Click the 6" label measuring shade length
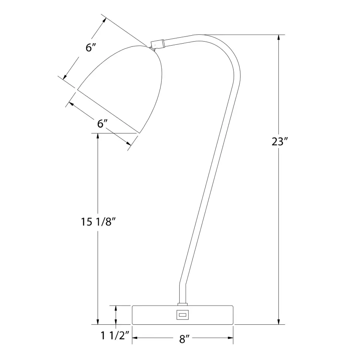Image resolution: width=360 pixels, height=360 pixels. pos(91,47)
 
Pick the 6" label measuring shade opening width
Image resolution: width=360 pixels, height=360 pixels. pos(103,124)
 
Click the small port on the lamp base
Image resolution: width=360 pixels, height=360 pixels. pos(182,315)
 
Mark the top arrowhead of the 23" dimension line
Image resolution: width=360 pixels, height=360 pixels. pos(279,38)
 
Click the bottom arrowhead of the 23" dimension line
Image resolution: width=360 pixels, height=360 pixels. pos(279,321)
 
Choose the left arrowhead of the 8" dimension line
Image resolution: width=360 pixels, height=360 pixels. pos(135,338)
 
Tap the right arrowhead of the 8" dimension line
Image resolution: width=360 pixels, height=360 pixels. pos(231,338)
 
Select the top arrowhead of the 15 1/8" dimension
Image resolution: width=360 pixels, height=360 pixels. pos(98,136)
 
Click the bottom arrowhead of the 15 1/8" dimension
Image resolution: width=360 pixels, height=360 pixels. pos(98,321)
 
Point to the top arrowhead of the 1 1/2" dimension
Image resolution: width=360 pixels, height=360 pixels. pos(116,308)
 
